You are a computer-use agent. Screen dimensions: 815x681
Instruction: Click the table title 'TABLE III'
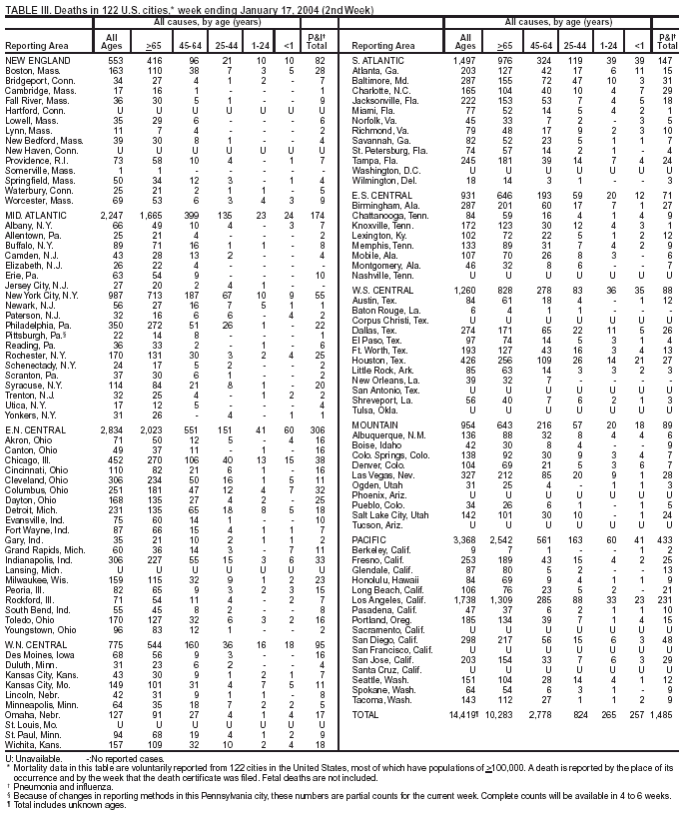pos(26,7)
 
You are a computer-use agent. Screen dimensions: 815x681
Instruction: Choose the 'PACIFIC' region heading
pos(372,540)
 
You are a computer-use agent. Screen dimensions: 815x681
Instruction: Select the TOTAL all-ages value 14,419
pos(463,715)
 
